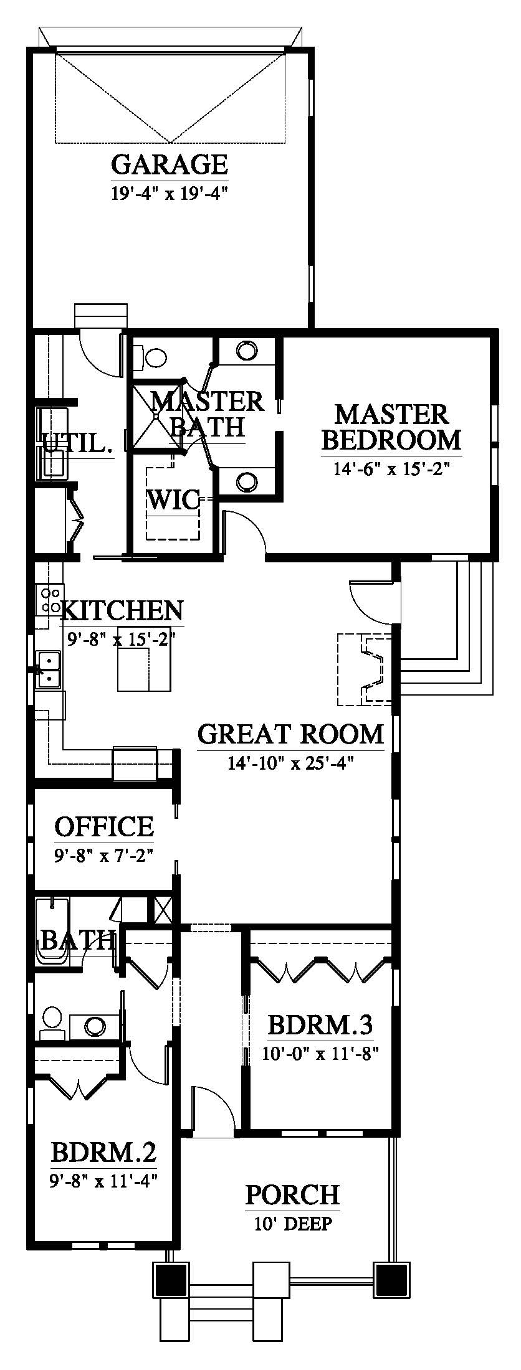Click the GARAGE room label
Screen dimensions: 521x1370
tap(170, 164)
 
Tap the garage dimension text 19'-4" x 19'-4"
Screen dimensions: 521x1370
tap(167, 193)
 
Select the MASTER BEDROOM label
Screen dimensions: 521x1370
tap(391, 427)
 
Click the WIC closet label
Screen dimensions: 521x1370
tap(173, 499)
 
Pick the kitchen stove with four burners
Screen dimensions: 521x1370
tap(49, 599)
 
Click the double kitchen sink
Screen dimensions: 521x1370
tap(48, 669)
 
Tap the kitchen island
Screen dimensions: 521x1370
tap(145, 669)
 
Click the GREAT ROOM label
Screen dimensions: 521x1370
tap(290, 734)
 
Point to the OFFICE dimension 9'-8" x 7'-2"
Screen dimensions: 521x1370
tap(103, 854)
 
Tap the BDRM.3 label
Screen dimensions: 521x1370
tap(320, 1025)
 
